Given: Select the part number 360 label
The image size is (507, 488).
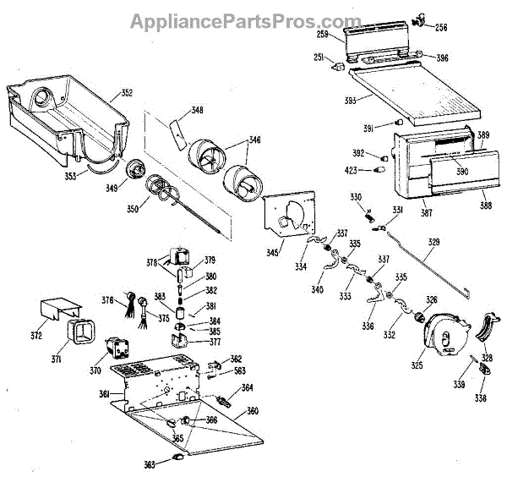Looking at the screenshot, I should tap(252, 412).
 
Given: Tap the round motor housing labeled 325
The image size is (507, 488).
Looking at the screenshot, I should tap(447, 332).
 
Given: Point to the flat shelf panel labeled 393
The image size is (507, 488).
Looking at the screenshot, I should tap(414, 93).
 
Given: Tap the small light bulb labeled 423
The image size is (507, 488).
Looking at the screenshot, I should tap(379, 170).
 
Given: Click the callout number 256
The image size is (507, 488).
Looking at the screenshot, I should tap(441, 28).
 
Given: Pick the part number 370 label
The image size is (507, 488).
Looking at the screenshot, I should tap(95, 370).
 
